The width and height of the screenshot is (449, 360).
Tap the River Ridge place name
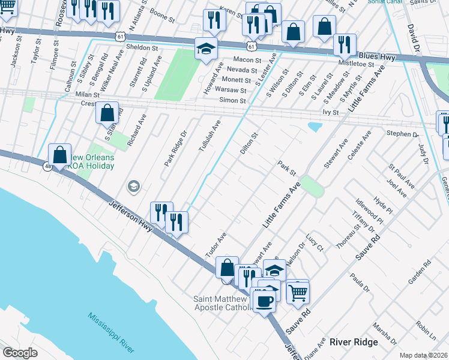pos(354,342)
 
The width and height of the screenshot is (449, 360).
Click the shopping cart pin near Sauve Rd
pos(298,292)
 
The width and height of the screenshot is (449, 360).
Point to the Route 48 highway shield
pos(47,167)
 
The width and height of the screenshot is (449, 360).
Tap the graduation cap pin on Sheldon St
pos(206,49)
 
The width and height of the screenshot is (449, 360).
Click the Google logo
pos(20,353)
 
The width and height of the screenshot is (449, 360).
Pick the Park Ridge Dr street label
pos(176,145)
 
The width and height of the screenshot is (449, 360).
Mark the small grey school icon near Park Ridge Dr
pos(133,186)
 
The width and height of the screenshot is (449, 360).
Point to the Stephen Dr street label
pos(402,134)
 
